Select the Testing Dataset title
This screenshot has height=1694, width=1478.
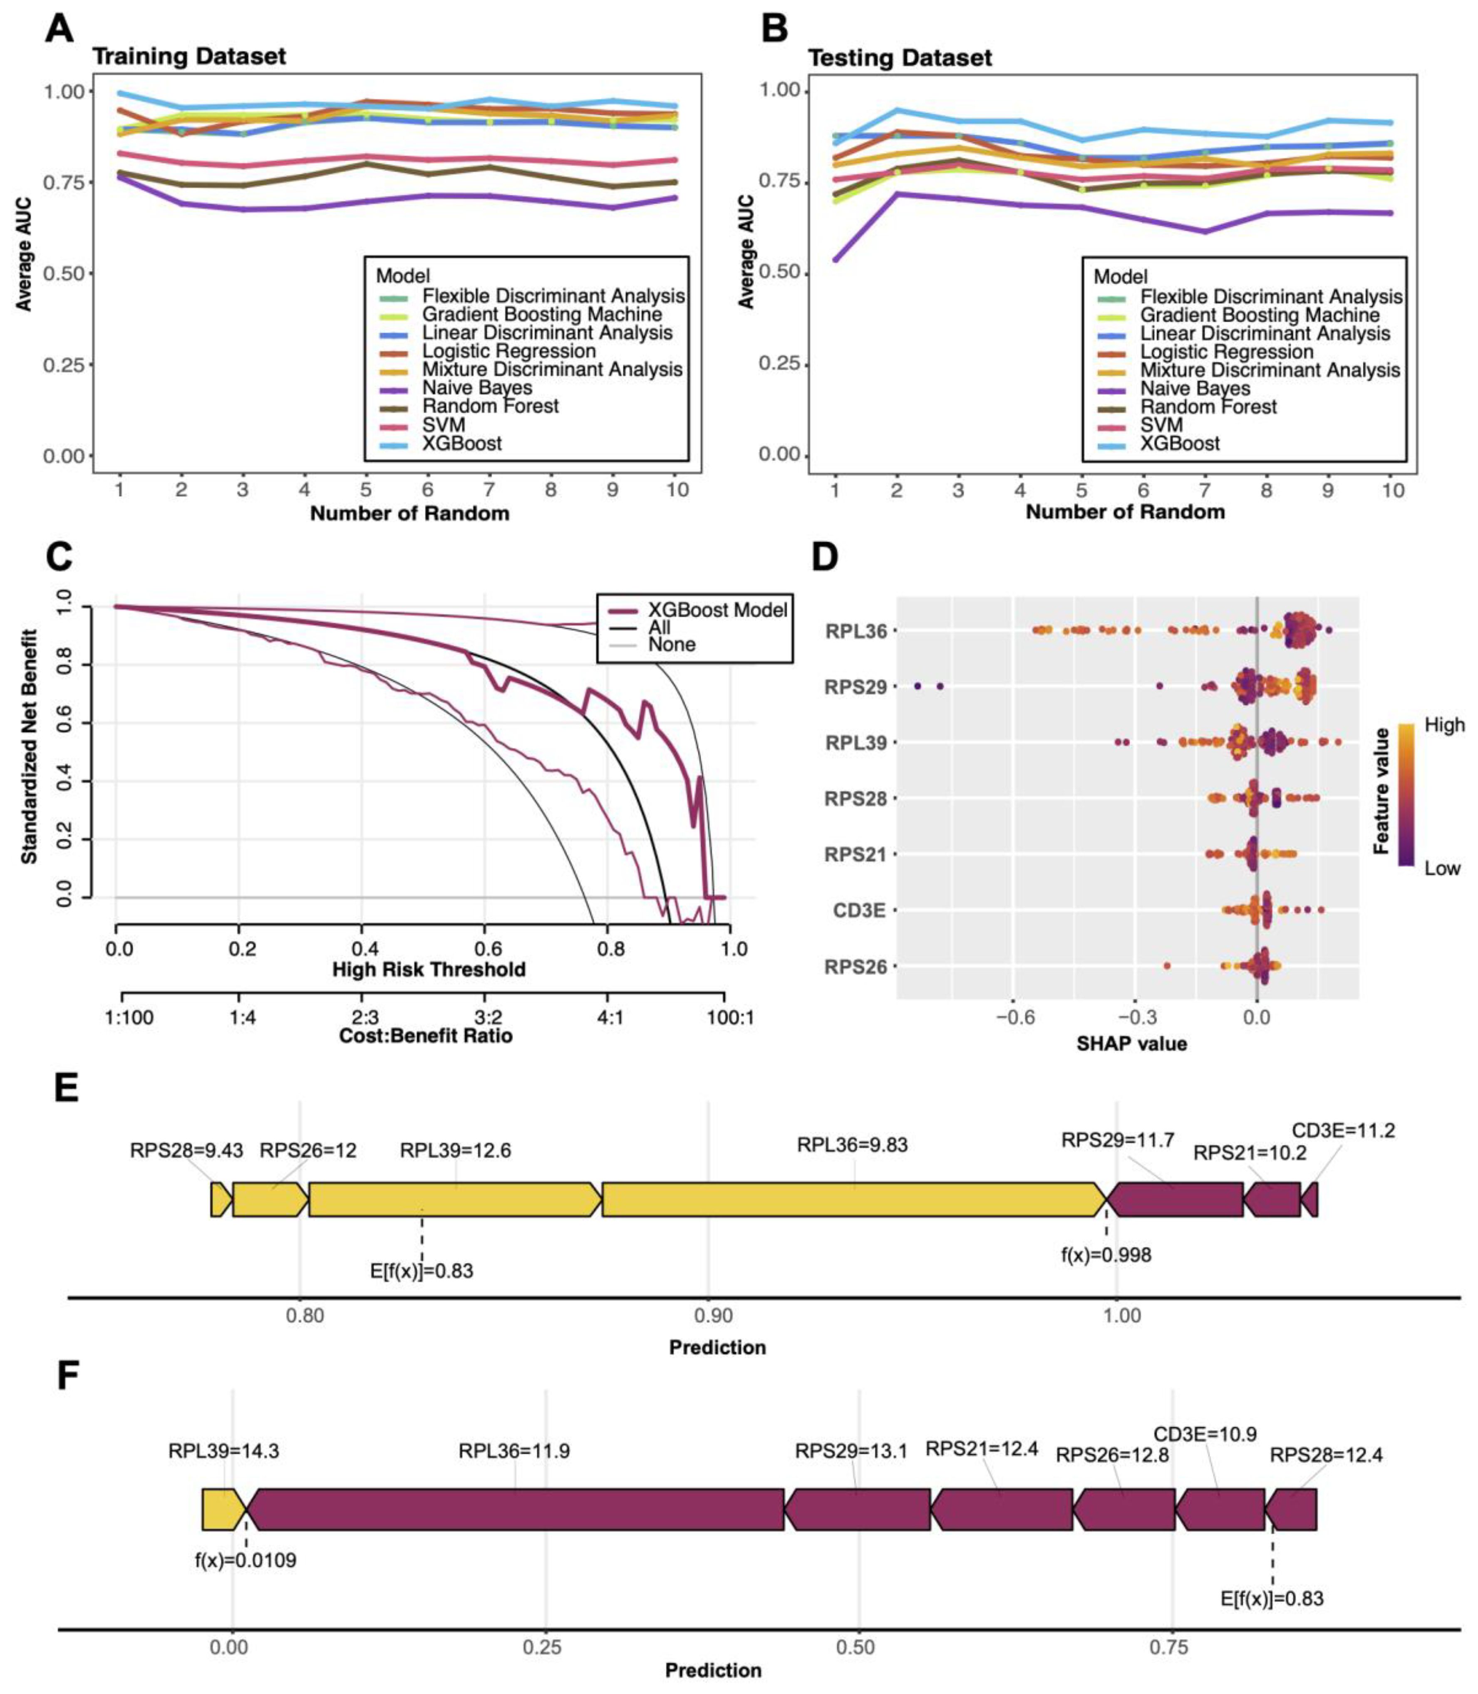[x=900, y=58]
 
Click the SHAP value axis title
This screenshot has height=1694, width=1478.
[x=1132, y=1044]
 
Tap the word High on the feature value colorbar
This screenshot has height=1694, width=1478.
[x=1444, y=725]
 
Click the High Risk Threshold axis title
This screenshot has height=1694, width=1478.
[x=429, y=969]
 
